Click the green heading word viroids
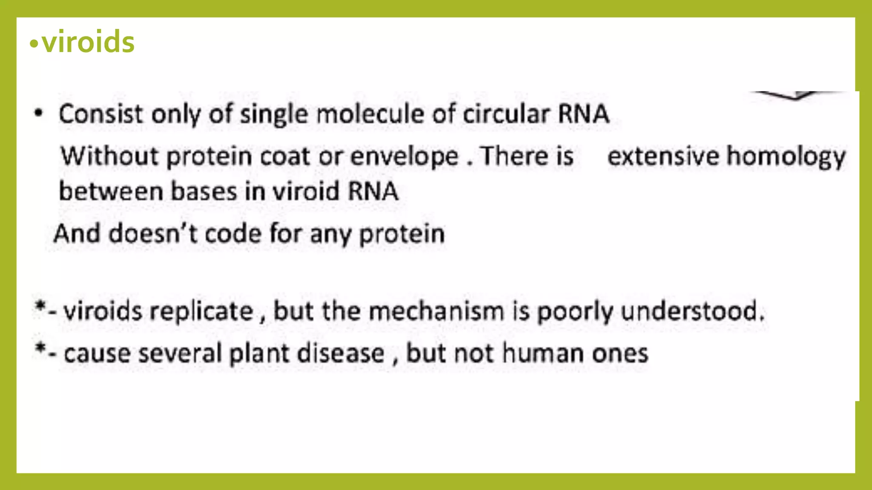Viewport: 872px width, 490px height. click(88, 43)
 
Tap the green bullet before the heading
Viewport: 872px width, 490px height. click(34, 44)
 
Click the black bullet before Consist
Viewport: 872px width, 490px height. click(39, 113)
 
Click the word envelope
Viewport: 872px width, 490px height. click(404, 157)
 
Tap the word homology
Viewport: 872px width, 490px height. click(786, 157)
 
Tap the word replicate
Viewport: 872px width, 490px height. click(201, 311)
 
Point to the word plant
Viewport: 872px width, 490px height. click(259, 353)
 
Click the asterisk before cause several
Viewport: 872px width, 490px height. click(40, 349)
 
